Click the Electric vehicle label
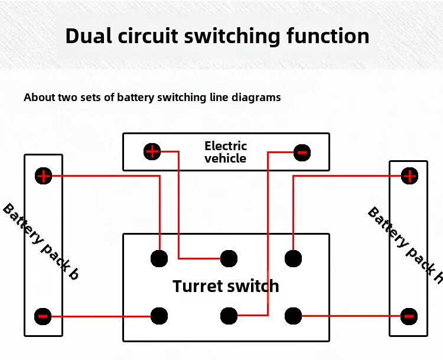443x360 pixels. point(226,152)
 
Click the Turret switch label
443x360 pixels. point(226,286)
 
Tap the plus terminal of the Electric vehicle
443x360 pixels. point(152,151)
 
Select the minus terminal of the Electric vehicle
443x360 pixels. point(302,153)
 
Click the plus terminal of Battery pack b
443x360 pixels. point(43,176)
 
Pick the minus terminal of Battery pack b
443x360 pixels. point(43,316)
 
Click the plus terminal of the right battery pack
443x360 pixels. point(409,176)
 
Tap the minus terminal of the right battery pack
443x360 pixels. point(409,316)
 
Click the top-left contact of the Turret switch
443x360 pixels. point(159,258)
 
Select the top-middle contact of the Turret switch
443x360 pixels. point(229,258)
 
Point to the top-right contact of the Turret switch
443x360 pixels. point(293,258)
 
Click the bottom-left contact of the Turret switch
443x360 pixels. point(159,316)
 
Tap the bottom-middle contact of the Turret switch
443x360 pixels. point(229,316)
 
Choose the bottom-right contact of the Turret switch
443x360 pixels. point(293,316)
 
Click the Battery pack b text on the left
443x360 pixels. point(41,241)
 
